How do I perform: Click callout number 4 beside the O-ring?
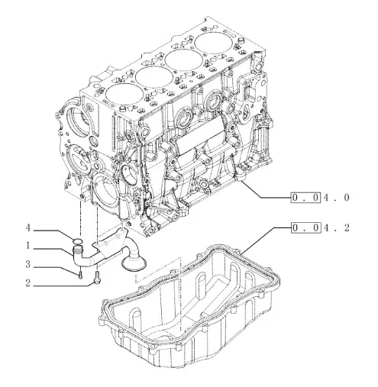click(x=27, y=228)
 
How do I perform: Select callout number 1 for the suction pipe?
click(x=28, y=246)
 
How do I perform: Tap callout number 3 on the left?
click(x=27, y=265)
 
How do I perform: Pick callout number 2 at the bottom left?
click(x=27, y=283)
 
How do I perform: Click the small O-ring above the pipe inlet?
click(x=77, y=241)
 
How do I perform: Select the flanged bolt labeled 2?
click(x=98, y=277)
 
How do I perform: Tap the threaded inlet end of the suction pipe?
click(x=76, y=250)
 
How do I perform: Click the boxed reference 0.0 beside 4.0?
click(x=305, y=198)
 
